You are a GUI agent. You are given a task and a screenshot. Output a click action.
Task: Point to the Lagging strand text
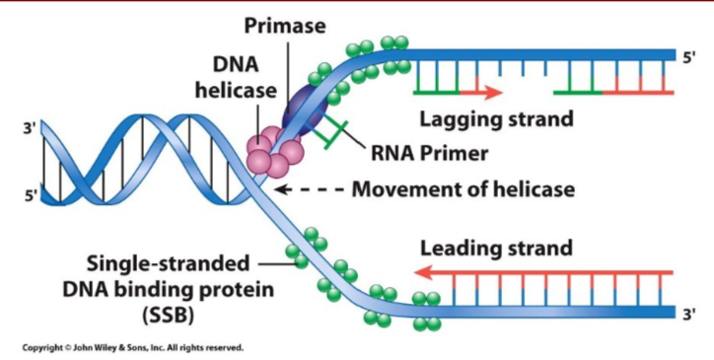tap(496, 120)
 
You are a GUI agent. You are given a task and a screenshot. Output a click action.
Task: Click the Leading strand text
tap(495, 248)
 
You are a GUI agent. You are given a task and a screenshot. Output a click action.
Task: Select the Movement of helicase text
tap(464, 187)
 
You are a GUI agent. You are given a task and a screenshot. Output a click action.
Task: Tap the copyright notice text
tap(132, 347)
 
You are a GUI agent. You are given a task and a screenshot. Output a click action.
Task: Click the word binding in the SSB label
tap(172, 290)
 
